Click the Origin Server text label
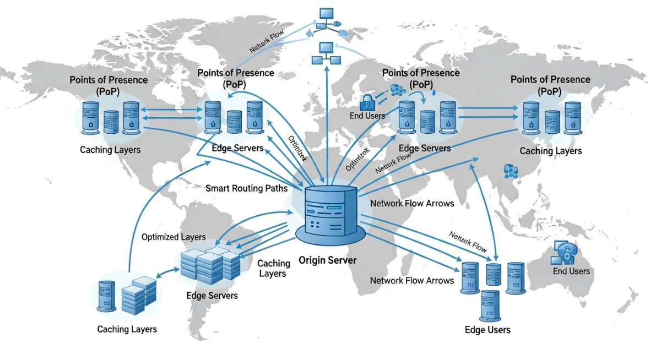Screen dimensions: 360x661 pyautogui.click(x=327, y=260)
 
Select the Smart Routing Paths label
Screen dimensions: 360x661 pyautogui.click(x=246, y=188)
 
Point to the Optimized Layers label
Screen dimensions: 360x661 pyautogui.click(x=174, y=237)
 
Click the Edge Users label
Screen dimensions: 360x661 pyautogui.click(x=487, y=330)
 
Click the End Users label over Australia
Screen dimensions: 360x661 pyautogui.click(x=571, y=271)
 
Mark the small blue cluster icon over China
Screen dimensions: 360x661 pyautogui.click(x=511, y=171)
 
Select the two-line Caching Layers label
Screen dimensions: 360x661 pyautogui.click(x=273, y=268)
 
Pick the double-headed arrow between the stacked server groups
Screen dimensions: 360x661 pyautogui.click(x=169, y=272)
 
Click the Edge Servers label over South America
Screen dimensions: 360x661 pyautogui.click(x=212, y=296)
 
